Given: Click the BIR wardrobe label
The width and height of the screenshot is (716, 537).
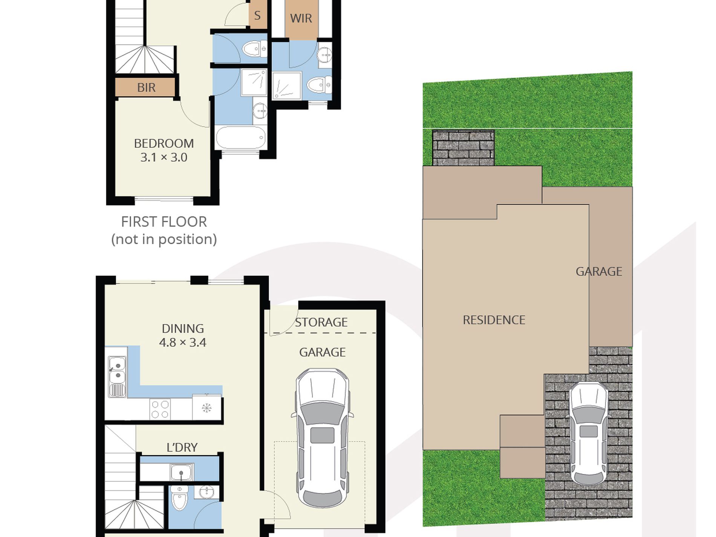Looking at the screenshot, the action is [x=146, y=87].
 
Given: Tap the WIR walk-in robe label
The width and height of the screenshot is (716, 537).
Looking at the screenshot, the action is [x=301, y=18].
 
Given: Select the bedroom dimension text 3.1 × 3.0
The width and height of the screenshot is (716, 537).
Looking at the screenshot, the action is [x=164, y=157].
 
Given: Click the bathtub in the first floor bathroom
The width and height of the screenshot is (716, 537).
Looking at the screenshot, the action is [x=241, y=138].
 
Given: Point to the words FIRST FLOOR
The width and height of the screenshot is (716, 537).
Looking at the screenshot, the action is [x=164, y=222].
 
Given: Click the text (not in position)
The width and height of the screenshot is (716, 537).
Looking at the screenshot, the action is [x=164, y=239].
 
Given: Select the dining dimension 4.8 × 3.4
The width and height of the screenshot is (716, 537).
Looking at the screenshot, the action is [x=182, y=343].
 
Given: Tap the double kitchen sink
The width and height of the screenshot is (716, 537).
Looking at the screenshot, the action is [x=117, y=377].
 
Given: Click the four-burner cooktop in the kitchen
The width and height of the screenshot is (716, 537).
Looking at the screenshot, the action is [x=160, y=409].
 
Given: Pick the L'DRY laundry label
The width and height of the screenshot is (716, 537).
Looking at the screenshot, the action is [x=182, y=447].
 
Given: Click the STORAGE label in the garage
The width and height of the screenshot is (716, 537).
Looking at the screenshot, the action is [x=321, y=322].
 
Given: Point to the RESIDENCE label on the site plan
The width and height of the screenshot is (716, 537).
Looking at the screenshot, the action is [x=494, y=320].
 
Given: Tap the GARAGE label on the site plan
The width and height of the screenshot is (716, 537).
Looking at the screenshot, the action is [x=599, y=271].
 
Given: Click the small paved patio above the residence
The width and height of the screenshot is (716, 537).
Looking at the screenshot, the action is [x=463, y=148].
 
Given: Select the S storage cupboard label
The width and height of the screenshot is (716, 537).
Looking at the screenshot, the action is [x=257, y=15].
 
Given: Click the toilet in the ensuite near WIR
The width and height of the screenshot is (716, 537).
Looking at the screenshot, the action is [x=319, y=84].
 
